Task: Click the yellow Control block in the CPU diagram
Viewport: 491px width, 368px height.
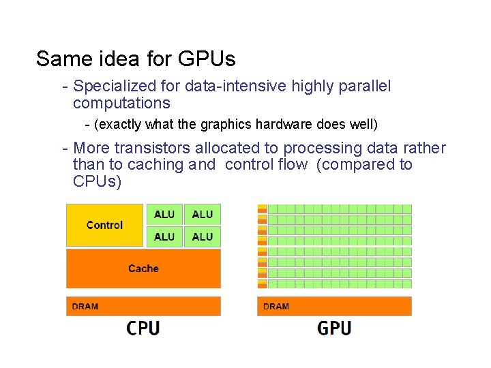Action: click(104, 225)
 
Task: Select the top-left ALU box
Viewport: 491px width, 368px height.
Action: click(164, 214)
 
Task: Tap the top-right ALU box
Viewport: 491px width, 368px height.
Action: click(203, 214)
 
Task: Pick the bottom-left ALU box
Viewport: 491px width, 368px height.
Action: click(164, 236)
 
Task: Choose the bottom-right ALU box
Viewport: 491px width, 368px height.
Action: click(203, 236)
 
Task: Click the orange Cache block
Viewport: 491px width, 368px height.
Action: click(143, 269)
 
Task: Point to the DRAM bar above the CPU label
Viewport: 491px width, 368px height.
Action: click(143, 306)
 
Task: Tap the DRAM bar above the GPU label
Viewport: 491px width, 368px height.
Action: click(334, 306)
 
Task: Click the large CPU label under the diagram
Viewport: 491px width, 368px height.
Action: click(143, 328)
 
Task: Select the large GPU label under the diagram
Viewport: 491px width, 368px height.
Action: click(334, 328)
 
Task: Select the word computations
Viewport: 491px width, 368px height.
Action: click(121, 104)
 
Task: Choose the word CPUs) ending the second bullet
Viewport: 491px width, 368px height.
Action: click(97, 182)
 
